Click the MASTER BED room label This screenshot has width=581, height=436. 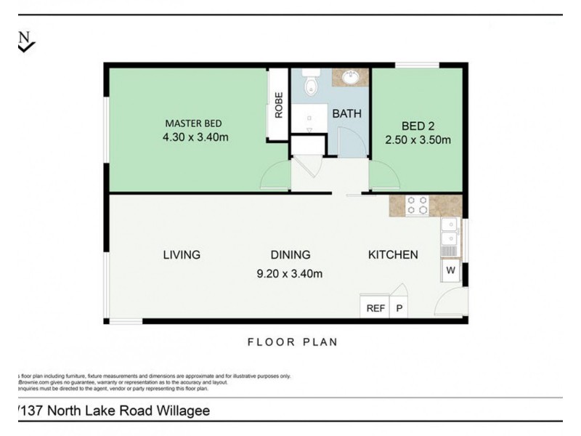[x=192, y=123]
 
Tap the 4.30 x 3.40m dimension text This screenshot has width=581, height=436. [x=196, y=137]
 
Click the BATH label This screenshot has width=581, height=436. [x=346, y=114]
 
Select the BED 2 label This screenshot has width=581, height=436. [x=416, y=125]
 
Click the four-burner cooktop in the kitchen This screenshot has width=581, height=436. [x=417, y=206]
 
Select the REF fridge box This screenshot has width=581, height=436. [x=375, y=308]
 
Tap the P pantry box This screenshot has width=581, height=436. [x=399, y=308]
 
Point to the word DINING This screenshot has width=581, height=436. [x=290, y=254]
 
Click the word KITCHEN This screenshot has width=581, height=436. [x=393, y=254]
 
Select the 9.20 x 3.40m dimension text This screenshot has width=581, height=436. [x=289, y=274]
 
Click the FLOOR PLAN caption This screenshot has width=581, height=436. [x=293, y=342]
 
